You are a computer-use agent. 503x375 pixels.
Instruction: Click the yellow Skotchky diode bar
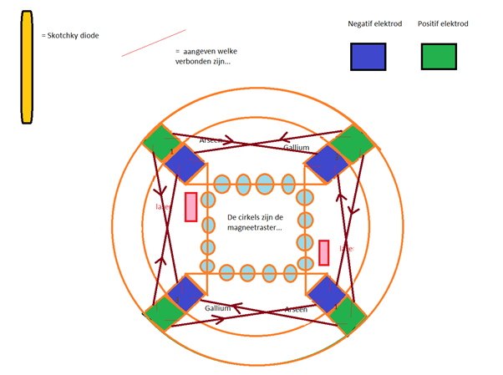[x=27, y=68]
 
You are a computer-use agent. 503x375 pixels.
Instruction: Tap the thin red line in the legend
[x=153, y=43]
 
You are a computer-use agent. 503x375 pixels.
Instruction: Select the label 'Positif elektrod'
[x=443, y=24]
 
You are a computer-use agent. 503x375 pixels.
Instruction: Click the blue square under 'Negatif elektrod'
[x=368, y=56]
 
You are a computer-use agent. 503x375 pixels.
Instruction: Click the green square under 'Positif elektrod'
[x=439, y=56]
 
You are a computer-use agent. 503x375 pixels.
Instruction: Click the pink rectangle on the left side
[x=191, y=207]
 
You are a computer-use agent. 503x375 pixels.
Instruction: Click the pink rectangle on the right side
[x=324, y=252]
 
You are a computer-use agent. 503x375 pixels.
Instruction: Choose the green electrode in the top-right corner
[x=353, y=143]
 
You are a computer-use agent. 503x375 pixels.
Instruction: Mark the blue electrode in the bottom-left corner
[x=185, y=294]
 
